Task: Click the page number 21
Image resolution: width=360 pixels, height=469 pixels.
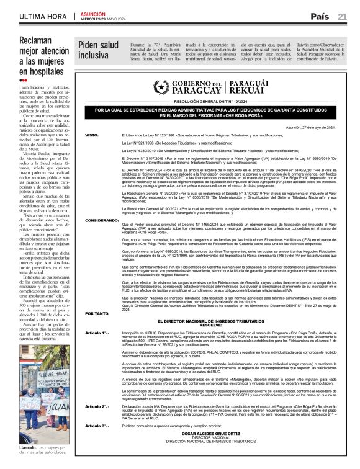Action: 342,16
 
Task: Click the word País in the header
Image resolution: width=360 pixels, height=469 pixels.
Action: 320,16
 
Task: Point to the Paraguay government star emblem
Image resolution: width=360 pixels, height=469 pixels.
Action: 161,87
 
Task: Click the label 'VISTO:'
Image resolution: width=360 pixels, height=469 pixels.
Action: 92,135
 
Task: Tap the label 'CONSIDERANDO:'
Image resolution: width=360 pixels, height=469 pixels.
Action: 98,220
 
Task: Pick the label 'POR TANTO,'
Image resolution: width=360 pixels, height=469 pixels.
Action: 95,313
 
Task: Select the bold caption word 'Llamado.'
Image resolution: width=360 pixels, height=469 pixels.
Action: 29,447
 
